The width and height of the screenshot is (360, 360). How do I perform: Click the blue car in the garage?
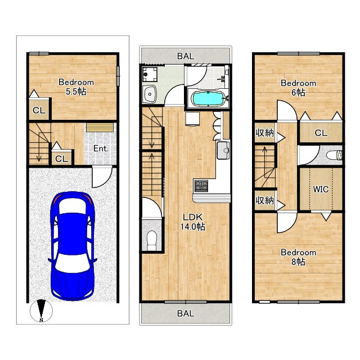tap(73, 246)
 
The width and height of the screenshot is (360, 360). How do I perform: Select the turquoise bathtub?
tap(208, 99)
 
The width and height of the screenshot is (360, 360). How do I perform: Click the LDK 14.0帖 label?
tap(192, 222)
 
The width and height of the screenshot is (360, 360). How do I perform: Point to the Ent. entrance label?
tap(101, 148)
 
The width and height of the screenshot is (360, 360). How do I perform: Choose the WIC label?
tap(321, 190)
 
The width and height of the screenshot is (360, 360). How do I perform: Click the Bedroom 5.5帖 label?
tap(76, 87)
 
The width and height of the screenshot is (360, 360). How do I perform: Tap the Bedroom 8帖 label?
tap(298, 257)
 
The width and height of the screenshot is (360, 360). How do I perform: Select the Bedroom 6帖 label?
tap(298, 88)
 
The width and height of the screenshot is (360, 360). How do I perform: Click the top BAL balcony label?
tap(186, 56)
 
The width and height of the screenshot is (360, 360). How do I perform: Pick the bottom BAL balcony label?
tap(186, 313)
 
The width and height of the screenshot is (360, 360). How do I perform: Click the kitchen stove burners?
tap(201, 186)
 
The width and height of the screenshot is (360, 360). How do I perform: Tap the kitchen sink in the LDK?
tap(223, 150)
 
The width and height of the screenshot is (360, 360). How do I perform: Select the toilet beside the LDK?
tap(151, 241)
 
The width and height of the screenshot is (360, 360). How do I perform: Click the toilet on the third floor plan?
tap(334, 155)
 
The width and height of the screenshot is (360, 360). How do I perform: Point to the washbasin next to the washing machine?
tap(149, 94)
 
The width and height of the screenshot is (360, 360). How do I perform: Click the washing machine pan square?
tap(150, 74)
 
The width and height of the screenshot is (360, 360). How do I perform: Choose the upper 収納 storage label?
tap(265, 133)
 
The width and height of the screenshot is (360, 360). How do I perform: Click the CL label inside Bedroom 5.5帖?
tap(39, 111)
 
